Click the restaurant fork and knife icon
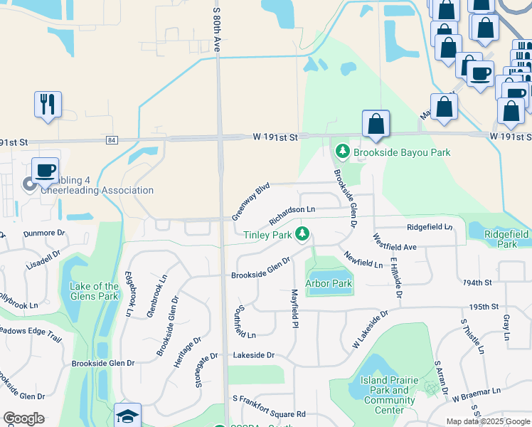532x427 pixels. click(48, 105)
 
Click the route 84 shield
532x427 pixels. click(112, 140)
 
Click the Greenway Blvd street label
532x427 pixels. click(251, 201)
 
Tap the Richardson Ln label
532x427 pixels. click(291, 210)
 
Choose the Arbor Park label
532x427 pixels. click(329, 283)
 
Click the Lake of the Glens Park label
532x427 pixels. click(94, 291)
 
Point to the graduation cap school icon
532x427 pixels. click(128, 416)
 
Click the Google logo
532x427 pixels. click(23, 418)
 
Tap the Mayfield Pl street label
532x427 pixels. click(293, 308)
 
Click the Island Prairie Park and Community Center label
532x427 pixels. click(389, 395)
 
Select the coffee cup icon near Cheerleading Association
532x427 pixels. click(46, 170)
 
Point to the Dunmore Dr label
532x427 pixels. click(44, 233)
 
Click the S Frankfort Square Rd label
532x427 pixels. click(269, 413)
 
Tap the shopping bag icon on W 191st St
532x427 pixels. click(376, 124)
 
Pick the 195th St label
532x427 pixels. click(484, 307)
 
